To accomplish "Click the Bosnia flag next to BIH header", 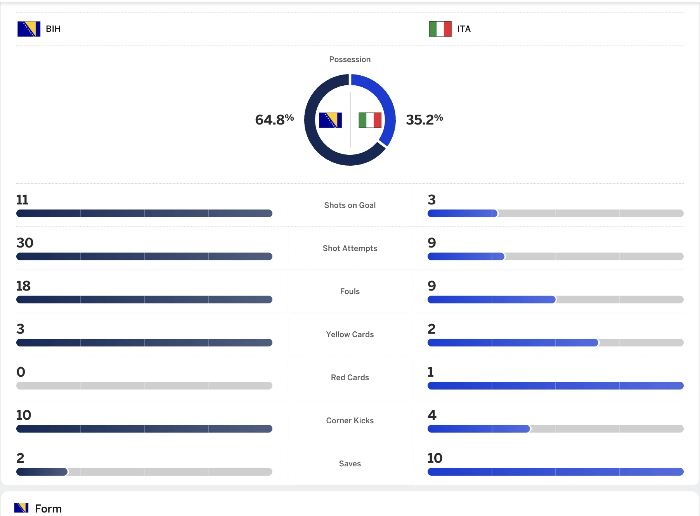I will click(29, 29).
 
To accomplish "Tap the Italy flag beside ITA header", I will click(440, 29).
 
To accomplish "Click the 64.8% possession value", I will click(274, 119).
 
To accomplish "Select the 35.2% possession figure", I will click(424, 119).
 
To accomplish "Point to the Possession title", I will click(350, 59).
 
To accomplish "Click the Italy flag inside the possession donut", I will click(370, 120).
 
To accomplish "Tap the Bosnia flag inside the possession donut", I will click(330, 120).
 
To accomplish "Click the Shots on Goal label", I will click(350, 205).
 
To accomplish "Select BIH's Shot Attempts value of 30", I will click(25, 243).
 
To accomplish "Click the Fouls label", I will click(350, 291).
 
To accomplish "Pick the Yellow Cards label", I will click(350, 334).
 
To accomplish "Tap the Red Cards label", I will click(350, 377).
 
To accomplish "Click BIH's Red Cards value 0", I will click(21, 372).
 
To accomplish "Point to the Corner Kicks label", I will click(350, 421).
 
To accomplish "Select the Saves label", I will click(350, 464).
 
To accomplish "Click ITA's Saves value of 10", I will click(435, 458).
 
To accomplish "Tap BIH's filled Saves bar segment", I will click(42, 472).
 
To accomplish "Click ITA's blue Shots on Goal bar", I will click(462, 213).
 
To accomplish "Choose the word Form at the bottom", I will click(48, 509).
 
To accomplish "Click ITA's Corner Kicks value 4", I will click(432, 415).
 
